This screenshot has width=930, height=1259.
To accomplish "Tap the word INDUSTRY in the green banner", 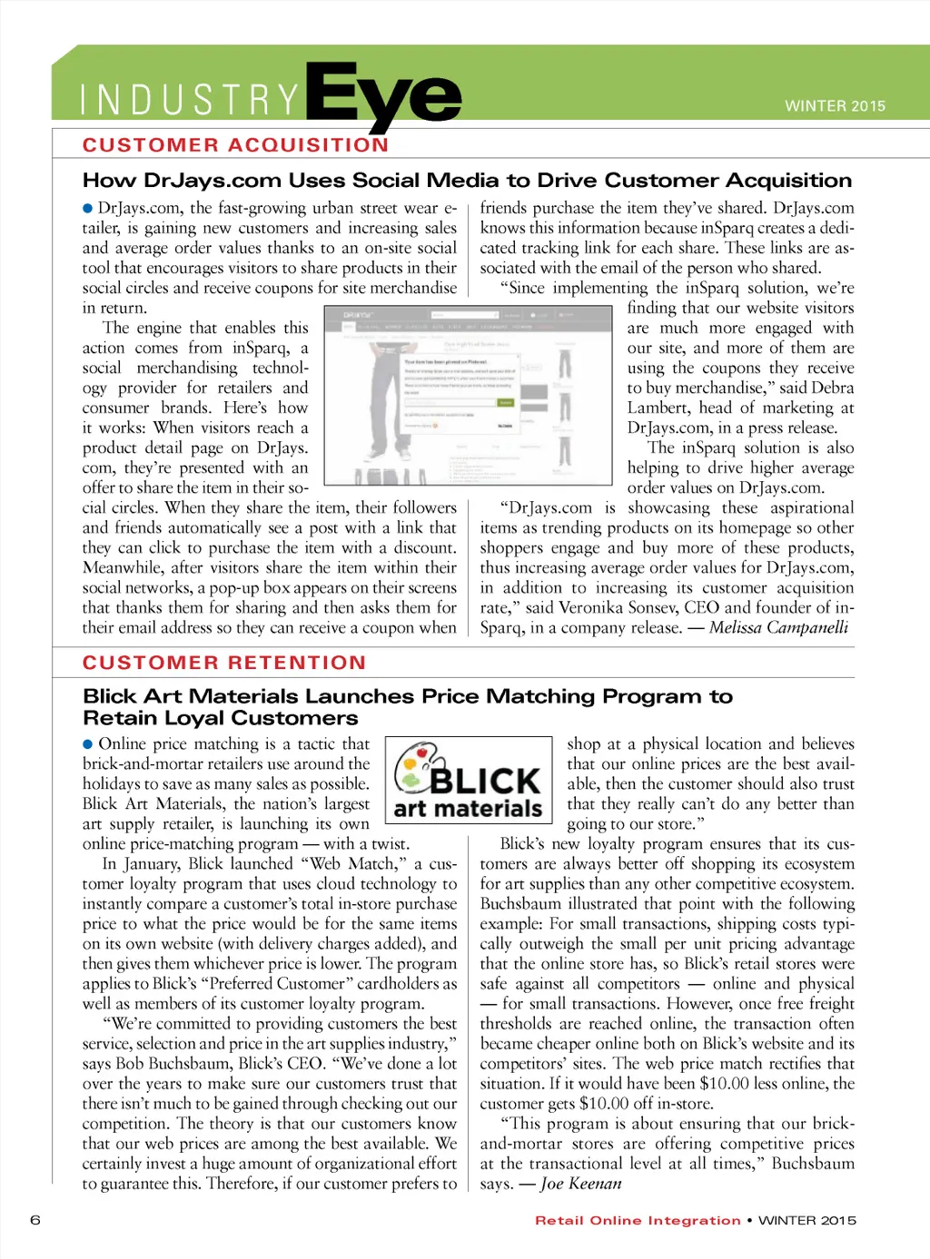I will (189, 101).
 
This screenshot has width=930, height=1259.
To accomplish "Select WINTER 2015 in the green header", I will (835, 106).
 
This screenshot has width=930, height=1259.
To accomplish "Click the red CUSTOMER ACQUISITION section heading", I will (235, 145).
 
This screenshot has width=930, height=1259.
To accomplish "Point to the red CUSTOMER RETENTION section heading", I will (224, 663).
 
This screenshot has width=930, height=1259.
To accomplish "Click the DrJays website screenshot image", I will (468, 396).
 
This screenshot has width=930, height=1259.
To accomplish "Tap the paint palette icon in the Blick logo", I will (414, 767).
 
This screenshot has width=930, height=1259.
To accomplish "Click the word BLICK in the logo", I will (485, 780).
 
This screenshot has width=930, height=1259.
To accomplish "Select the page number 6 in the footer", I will (35, 1219).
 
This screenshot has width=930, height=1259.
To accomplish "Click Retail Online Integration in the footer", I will (638, 1221).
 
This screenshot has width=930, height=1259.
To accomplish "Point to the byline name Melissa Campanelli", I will (778, 627).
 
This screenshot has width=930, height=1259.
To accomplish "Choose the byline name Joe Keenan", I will (581, 1184).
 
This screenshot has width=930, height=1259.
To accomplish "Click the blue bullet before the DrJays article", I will (88, 209).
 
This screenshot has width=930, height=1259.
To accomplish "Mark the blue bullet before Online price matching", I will (88, 744).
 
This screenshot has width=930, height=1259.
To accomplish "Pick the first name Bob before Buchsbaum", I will (129, 1063).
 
